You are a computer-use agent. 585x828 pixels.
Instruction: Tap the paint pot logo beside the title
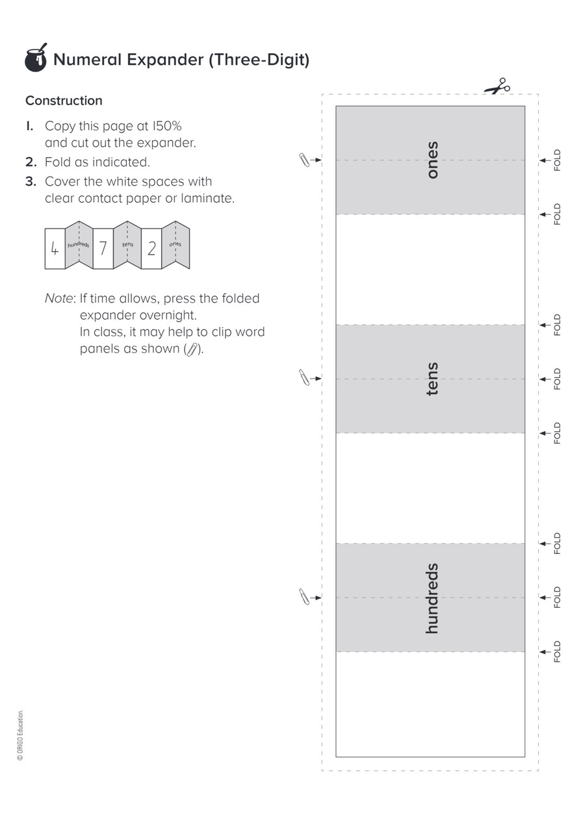(36, 58)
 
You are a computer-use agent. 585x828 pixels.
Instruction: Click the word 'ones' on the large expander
(432, 160)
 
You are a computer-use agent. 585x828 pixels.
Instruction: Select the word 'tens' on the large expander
(432, 379)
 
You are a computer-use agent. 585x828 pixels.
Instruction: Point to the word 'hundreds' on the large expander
(432, 598)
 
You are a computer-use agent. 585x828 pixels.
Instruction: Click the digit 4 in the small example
(55, 248)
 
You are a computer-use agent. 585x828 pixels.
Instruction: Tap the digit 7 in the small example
(103, 248)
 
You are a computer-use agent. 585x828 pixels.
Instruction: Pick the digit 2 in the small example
(151, 248)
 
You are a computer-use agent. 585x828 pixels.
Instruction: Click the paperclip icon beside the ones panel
(304, 160)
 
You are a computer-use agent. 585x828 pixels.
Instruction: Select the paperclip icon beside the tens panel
(304, 377)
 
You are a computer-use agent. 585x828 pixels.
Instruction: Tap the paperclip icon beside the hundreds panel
(304, 597)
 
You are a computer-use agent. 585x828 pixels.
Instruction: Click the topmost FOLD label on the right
(557, 160)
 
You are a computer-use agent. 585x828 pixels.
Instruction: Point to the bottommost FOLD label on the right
(557, 651)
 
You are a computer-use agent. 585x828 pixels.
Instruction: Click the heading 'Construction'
(64, 101)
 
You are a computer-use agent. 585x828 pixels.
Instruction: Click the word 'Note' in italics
(58, 299)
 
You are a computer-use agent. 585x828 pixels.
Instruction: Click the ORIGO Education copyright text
(21, 734)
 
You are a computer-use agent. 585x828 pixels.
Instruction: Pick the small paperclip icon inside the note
(192, 349)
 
